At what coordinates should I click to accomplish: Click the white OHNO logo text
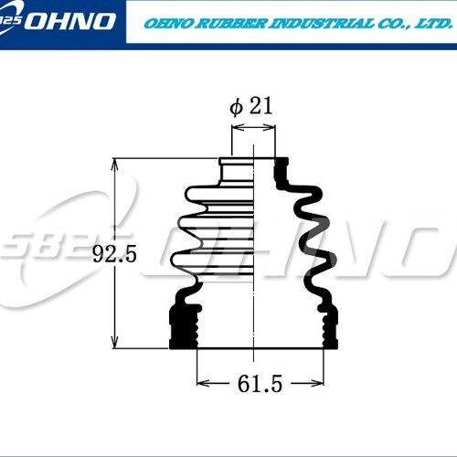[70, 21]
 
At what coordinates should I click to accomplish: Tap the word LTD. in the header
[433, 24]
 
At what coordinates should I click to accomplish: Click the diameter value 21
[260, 106]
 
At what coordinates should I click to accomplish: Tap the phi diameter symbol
[237, 108]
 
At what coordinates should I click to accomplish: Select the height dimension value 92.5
[114, 254]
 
